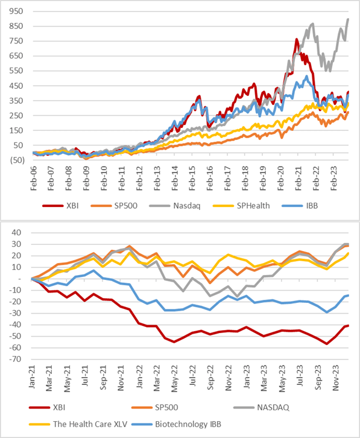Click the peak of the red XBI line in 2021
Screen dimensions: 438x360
pos(297,40)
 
